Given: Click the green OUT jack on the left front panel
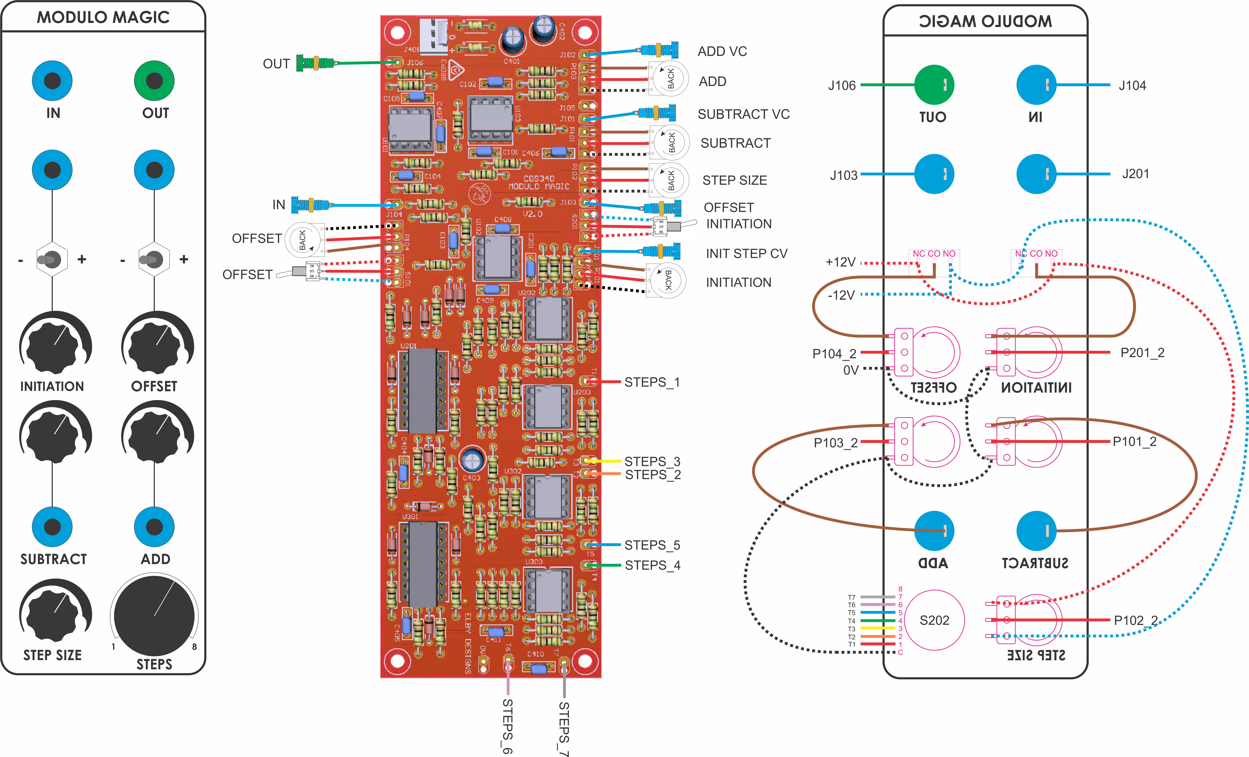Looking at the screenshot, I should [x=154, y=81].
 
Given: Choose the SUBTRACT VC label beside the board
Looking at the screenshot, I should [x=743, y=115].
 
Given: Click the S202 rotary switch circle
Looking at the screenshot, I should [x=934, y=620].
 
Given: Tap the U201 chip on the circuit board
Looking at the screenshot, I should [x=422, y=390].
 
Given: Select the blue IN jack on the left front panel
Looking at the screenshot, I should [x=52, y=81].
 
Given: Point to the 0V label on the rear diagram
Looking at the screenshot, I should [x=851, y=370].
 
